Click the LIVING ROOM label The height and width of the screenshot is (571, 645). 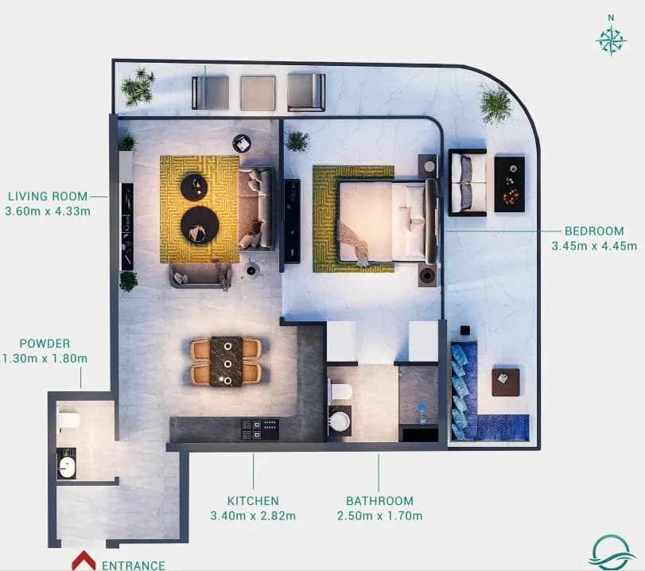[48, 196]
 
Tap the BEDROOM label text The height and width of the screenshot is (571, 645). [594, 231]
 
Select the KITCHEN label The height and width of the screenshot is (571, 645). [253, 501]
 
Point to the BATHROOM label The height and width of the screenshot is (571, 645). [379, 501]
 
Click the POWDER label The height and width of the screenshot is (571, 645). [45, 343]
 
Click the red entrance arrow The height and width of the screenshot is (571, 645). [84, 560]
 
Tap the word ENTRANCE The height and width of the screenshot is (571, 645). [134, 565]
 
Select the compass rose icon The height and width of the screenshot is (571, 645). [612, 41]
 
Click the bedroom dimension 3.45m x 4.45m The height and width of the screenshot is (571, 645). [594, 246]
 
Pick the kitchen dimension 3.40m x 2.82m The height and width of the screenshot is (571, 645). [253, 515]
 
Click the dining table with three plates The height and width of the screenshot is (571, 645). [226, 362]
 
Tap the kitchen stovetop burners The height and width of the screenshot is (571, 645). [260, 429]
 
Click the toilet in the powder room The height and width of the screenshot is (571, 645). [69, 420]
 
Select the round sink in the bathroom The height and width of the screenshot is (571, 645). [340, 421]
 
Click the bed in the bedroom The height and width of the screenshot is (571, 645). [387, 221]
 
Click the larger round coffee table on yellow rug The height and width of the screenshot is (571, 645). [200, 225]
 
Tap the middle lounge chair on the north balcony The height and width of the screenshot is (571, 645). [258, 93]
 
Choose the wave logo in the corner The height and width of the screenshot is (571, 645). [612, 553]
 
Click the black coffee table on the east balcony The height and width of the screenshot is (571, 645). [509, 185]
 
